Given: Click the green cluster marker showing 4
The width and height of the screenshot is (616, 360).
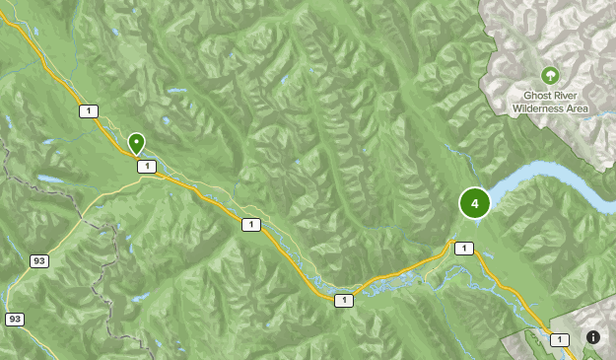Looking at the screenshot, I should pyautogui.click(x=475, y=203).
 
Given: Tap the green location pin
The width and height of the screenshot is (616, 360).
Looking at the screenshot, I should pyautogui.click(x=136, y=143).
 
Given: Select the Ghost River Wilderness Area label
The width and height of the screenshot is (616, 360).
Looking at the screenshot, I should pyautogui.click(x=550, y=101).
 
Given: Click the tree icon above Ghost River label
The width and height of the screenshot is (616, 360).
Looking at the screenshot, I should pyautogui.click(x=550, y=74).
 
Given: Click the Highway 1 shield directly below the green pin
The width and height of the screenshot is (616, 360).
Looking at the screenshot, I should pyautogui.click(x=147, y=167).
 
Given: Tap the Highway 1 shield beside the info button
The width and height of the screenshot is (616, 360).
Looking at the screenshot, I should pyautogui.click(x=560, y=339).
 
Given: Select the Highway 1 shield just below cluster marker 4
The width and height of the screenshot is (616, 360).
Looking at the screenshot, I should pyautogui.click(x=464, y=249).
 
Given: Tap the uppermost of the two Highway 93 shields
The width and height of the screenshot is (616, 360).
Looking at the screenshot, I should pyautogui.click(x=39, y=260).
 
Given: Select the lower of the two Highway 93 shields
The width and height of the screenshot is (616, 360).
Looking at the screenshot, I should pyautogui.click(x=14, y=319).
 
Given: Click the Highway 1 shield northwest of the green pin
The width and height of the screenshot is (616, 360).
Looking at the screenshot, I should pyautogui.click(x=90, y=110).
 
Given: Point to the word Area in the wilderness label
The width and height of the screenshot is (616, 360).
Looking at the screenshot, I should pyautogui.click(x=577, y=108).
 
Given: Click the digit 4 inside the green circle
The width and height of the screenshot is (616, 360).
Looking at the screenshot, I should pyautogui.click(x=475, y=203).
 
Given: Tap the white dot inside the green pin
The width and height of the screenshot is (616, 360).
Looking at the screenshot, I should pyautogui.click(x=136, y=141).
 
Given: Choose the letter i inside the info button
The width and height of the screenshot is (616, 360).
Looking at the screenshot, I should pyautogui.click(x=593, y=337).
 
